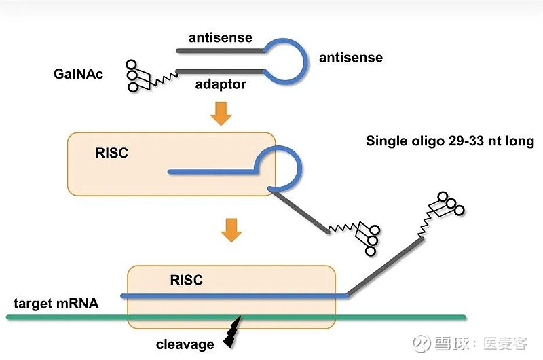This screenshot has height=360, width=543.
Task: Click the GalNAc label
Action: pos(78,73)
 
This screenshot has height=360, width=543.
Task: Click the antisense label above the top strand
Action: pos(221,38)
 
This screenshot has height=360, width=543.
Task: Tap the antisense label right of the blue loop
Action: pos(351,58)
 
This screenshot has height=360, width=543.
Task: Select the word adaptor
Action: pos(221,84)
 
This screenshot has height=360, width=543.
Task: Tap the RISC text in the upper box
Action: pos(111,154)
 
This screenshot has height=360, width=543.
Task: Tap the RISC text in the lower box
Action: pos(186,280)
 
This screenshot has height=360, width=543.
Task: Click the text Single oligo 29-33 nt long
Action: pos(450,142)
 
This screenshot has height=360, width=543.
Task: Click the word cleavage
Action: pos(185,344)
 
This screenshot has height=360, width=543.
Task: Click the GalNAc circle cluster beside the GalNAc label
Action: pos(136,75)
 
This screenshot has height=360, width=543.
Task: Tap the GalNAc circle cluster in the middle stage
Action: pos(369,240)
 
